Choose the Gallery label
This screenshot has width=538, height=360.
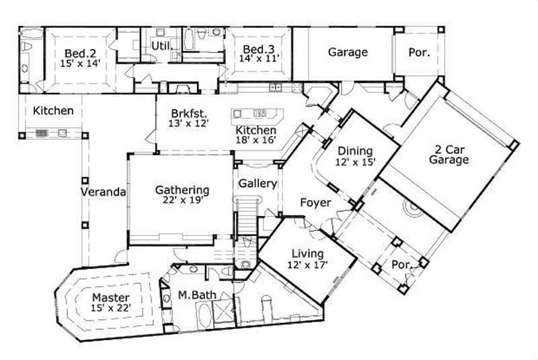tap(258, 183)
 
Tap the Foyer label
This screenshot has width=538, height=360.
tap(315, 202)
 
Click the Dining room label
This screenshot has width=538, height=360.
tap(354, 151)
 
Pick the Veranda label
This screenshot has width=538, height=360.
tap(104, 192)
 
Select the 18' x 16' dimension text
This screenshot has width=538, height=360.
tap(255, 141)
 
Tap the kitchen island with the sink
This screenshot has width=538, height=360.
tap(251, 114)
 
